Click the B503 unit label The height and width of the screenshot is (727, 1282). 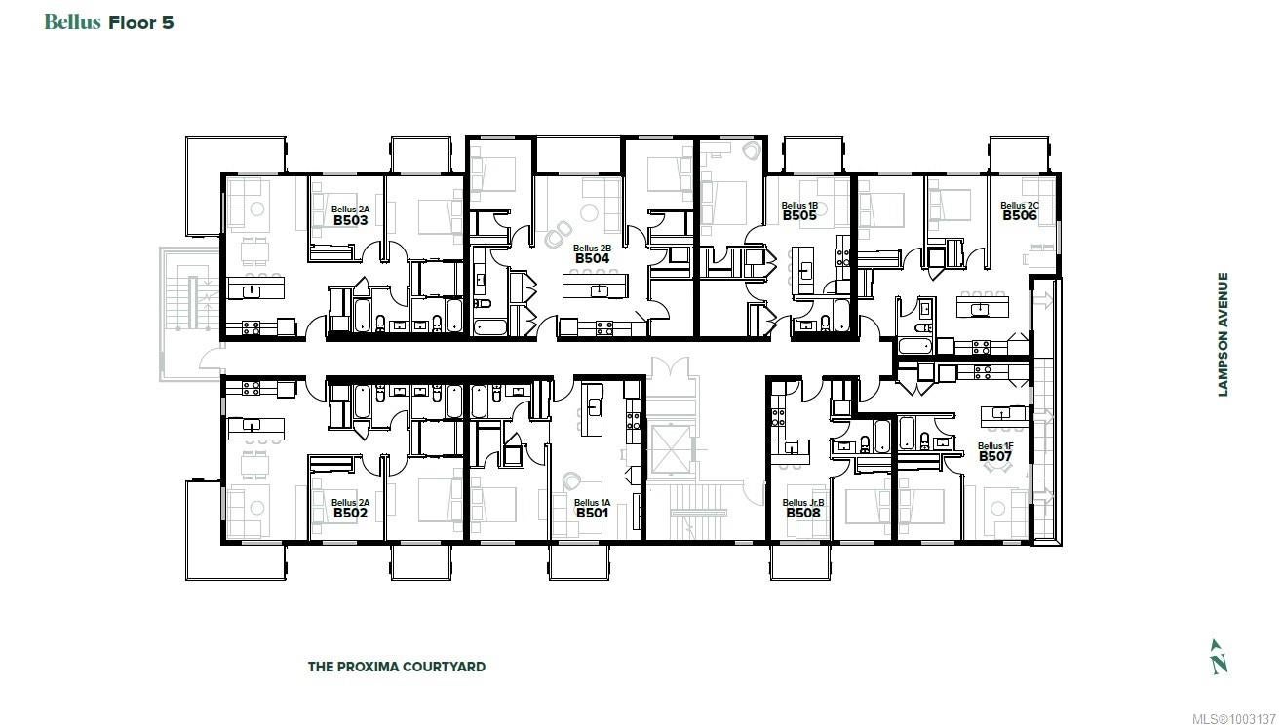point(350,221)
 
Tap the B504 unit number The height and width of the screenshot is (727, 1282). point(593,258)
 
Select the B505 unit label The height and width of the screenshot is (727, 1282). point(799,215)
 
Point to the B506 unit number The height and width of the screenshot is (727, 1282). point(1020,215)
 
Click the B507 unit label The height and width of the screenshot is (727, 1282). point(995,456)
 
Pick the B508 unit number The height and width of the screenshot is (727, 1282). point(803,513)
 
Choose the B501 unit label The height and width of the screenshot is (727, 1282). point(593,513)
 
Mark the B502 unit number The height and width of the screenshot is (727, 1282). point(350,513)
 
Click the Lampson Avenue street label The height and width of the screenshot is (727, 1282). point(1223,334)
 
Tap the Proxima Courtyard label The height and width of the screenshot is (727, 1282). point(397,667)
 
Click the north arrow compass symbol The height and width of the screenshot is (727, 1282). point(1219,657)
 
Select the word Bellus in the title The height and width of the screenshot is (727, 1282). point(73,22)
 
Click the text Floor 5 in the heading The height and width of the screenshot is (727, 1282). point(140,22)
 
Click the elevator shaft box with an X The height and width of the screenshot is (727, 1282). point(671,450)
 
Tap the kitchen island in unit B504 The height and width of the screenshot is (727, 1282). point(596,286)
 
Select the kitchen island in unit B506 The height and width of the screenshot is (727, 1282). point(983,305)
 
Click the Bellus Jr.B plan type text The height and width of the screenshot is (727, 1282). point(803,502)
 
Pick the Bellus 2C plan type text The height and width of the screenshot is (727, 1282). point(1020,205)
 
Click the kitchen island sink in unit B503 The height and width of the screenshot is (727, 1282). point(252,291)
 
